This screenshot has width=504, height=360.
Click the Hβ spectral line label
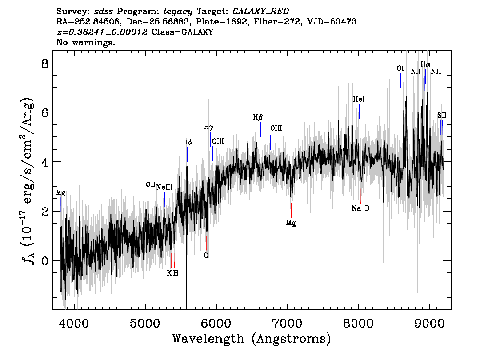258,118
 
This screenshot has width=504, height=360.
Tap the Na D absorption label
360,208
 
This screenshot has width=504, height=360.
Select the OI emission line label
400,68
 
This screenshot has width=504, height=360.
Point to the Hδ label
187,142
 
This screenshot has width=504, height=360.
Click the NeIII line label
164,187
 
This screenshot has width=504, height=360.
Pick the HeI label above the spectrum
359,99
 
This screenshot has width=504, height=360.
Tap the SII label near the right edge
442,116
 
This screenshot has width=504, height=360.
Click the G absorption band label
206,256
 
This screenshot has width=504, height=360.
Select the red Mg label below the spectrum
291,223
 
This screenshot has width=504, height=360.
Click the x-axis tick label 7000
287,324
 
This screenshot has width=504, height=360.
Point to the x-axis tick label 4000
74,324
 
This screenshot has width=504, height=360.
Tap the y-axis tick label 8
45,63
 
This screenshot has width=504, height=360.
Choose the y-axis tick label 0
45,260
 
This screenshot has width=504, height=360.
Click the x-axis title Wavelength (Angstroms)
252,339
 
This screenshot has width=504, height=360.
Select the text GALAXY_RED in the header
261,12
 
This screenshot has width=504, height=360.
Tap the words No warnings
85,42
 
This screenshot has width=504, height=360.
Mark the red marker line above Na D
361,196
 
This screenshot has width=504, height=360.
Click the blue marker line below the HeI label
359,112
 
